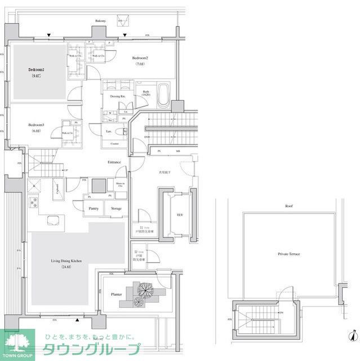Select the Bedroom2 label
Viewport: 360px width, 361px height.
click(x=140, y=58)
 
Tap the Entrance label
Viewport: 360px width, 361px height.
click(x=115, y=162)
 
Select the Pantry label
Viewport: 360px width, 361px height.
click(x=94, y=208)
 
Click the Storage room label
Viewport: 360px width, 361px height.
click(x=116, y=208)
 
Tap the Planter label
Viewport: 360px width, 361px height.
click(x=117, y=294)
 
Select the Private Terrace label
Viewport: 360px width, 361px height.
click(x=288, y=254)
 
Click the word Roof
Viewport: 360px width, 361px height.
click(x=288, y=206)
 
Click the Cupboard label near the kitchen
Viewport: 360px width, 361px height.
click(x=57, y=187)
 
